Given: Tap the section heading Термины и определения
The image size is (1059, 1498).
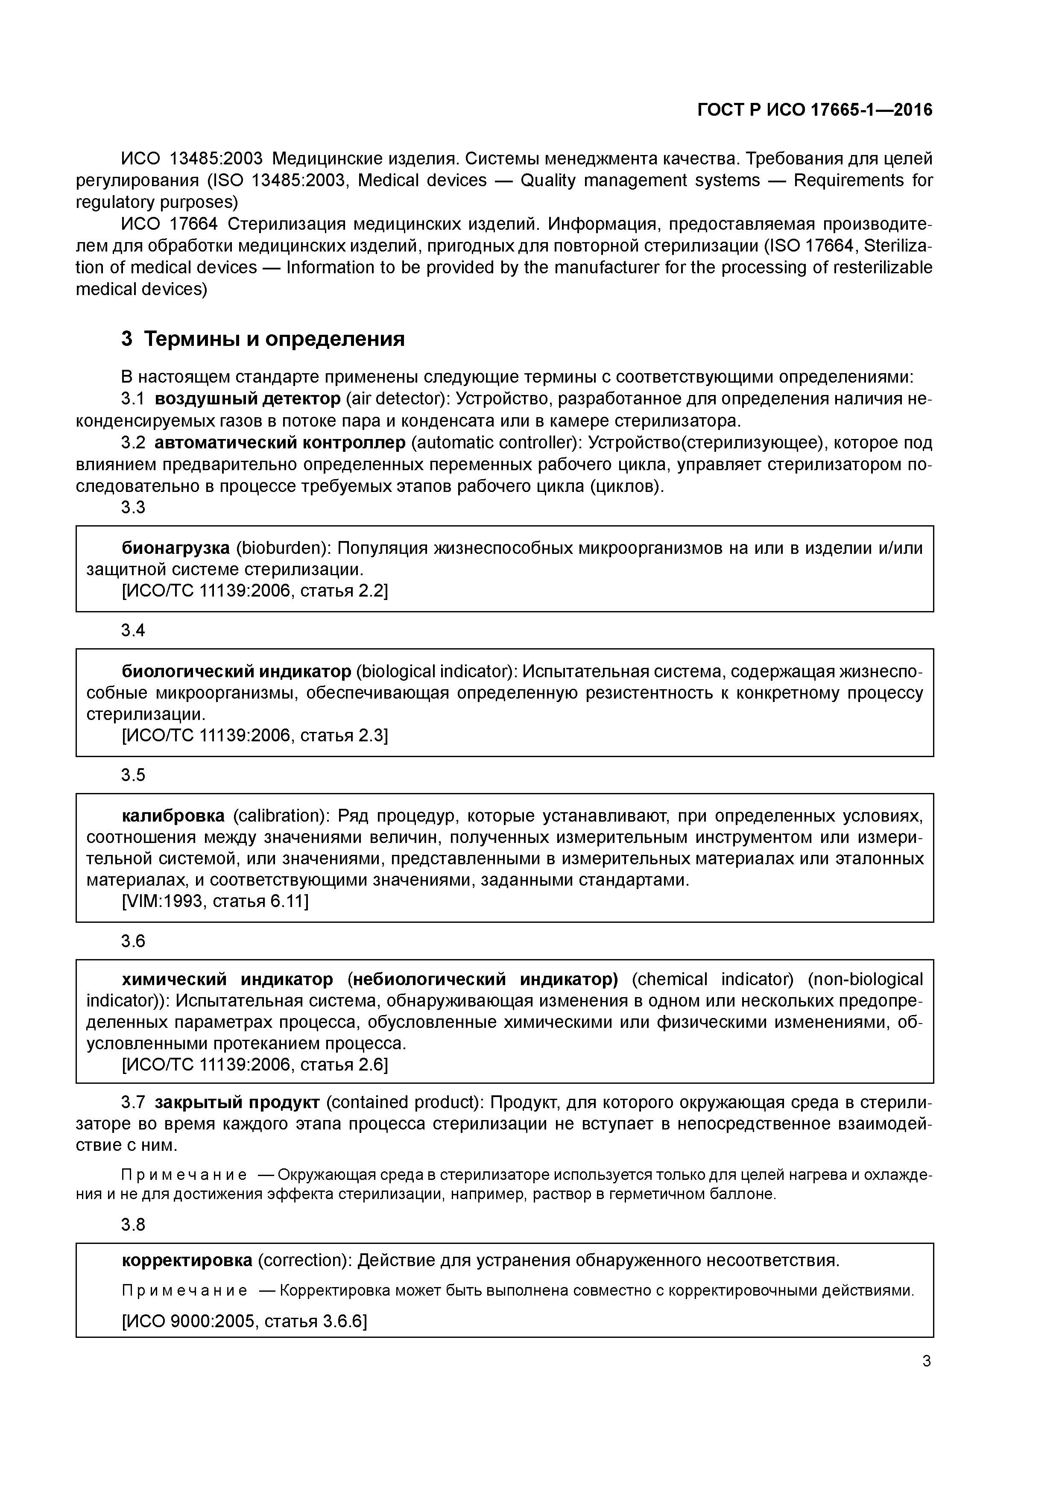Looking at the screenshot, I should [x=274, y=339].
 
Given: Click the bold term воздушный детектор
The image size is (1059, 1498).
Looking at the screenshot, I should [x=247, y=399].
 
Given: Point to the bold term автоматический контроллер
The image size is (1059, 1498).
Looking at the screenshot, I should [x=280, y=443].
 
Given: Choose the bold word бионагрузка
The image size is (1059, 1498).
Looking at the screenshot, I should [x=176, y=548].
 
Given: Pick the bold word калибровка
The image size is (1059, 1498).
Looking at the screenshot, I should [x=173, y=816].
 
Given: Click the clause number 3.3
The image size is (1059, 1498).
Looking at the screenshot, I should [x=133, y=508].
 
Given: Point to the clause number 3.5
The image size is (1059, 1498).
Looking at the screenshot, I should [x=133, y=775].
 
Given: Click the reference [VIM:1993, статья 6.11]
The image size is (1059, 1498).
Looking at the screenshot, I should [x=215, y=902].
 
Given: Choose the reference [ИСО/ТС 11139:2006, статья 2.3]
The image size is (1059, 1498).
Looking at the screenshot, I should [x=255, y=736].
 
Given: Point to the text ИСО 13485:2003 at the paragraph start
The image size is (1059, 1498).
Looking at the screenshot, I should [x=192, y=158].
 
